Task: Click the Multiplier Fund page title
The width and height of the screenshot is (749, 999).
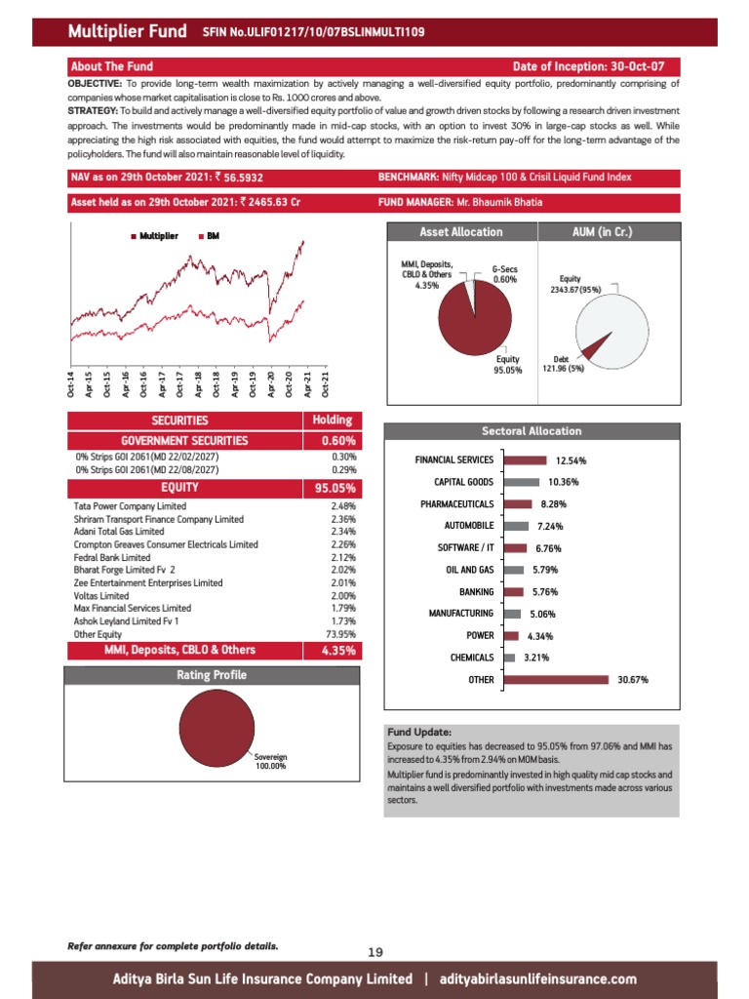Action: tap(127, 32)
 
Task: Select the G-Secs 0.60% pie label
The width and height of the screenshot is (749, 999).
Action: tap(503, 274)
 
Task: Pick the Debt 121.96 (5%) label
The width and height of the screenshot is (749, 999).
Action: tap(562, 364)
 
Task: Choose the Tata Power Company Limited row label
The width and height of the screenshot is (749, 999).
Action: tap(130, 506)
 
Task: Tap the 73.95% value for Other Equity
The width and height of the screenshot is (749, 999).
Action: tap(341, 633)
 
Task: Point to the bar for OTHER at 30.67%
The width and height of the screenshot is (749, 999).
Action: tap(557, 680)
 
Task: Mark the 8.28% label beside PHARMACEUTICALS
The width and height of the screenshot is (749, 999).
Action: tap(554, 504)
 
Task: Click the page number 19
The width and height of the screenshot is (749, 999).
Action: tap(375, 952)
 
